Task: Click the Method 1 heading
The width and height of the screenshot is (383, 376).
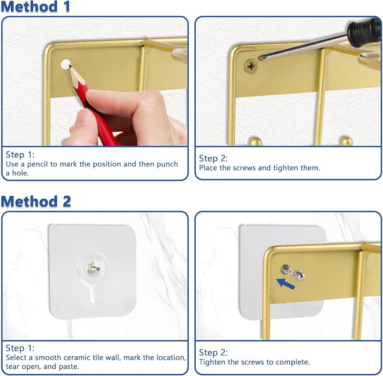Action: click(36, 7)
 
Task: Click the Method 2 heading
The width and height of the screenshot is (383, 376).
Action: click(36, 202)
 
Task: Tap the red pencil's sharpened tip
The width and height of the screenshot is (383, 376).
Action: click(70, 66)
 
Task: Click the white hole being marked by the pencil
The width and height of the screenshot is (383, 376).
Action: click(65, 64)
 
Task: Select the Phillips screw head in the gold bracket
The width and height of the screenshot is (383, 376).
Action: click(251, 66)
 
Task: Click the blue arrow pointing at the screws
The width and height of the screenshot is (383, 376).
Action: click(286, 284)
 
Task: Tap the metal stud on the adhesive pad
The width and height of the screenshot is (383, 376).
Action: click(93, 268)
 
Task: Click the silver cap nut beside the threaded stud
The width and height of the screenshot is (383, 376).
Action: click(299, 276)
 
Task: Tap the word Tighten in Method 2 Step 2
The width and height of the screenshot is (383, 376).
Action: click(212, 362)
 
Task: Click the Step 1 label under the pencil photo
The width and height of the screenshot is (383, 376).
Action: click(20, 155)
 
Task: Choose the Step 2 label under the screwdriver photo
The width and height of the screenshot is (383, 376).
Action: click(213, 158)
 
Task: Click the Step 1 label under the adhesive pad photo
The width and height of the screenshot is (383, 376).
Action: click(20, 348)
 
